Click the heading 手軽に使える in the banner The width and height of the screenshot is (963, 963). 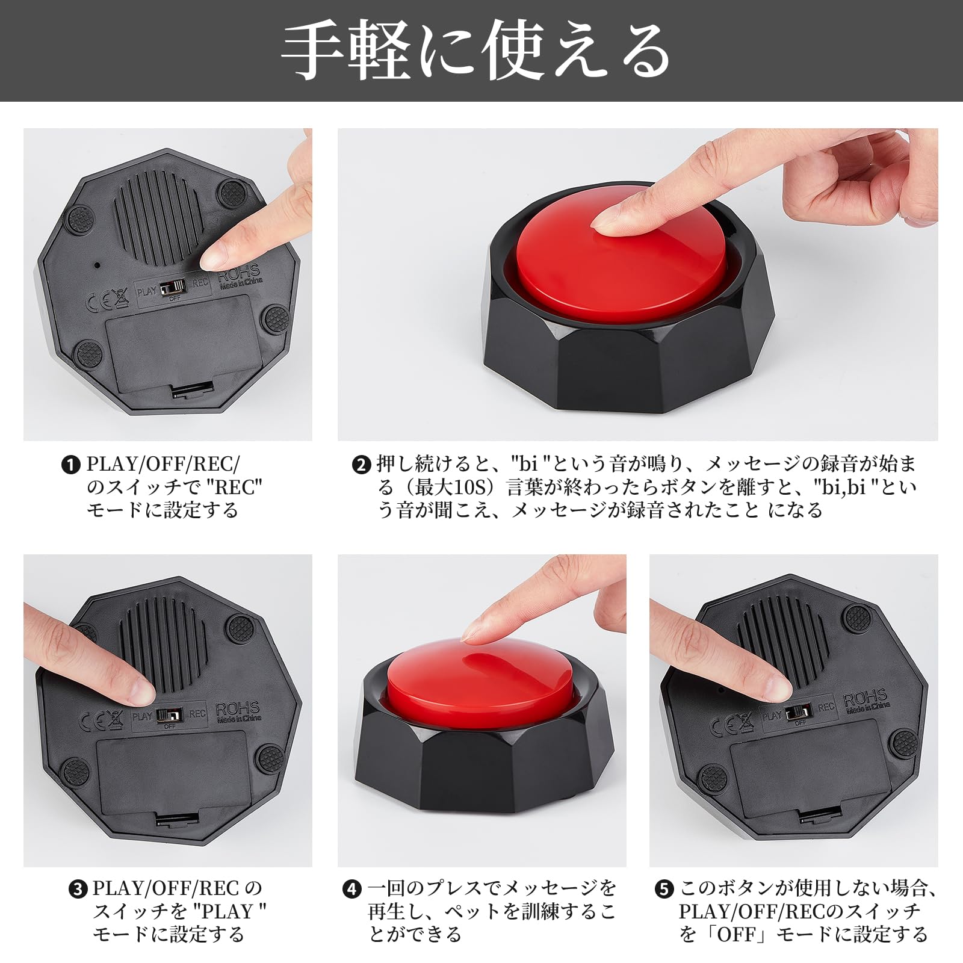(x=475, y=51)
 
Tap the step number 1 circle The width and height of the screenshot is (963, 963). (x=71, y=465)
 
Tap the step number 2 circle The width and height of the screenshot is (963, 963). (x=361, y=465)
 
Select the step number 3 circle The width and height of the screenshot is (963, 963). (x=78, y=889)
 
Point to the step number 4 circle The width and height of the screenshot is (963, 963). (x=351, y=889)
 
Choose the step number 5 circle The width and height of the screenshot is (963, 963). (x=664, y=889)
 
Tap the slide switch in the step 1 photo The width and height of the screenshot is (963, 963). (x=173, y=286)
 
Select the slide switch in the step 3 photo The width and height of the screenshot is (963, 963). (x=169, y=715)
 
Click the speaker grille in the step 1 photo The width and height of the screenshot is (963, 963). (x=158, y=220)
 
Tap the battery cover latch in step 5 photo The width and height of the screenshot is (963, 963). (x=820, y=816)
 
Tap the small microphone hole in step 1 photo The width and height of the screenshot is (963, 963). (x=96, y=264)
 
